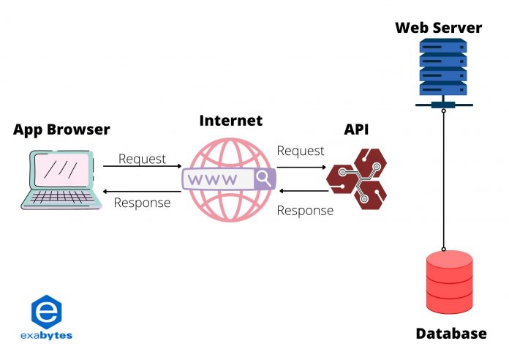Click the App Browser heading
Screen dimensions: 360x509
(61, 130)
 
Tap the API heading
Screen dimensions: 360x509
(357, 130)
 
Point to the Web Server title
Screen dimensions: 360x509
(439, 29)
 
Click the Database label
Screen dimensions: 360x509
(450, 334)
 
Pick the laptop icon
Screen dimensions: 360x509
(58, 179)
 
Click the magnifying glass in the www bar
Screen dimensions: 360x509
(263, 178)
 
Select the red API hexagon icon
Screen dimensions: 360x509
(356, 180)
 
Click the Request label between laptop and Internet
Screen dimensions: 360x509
(142, 159)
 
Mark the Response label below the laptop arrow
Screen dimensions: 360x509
(142, 203)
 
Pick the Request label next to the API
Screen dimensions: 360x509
(300, 151)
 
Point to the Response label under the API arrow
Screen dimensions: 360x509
(305, 210)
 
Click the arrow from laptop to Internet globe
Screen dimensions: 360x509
(142, 168)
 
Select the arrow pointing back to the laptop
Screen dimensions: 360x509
(142, 191)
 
